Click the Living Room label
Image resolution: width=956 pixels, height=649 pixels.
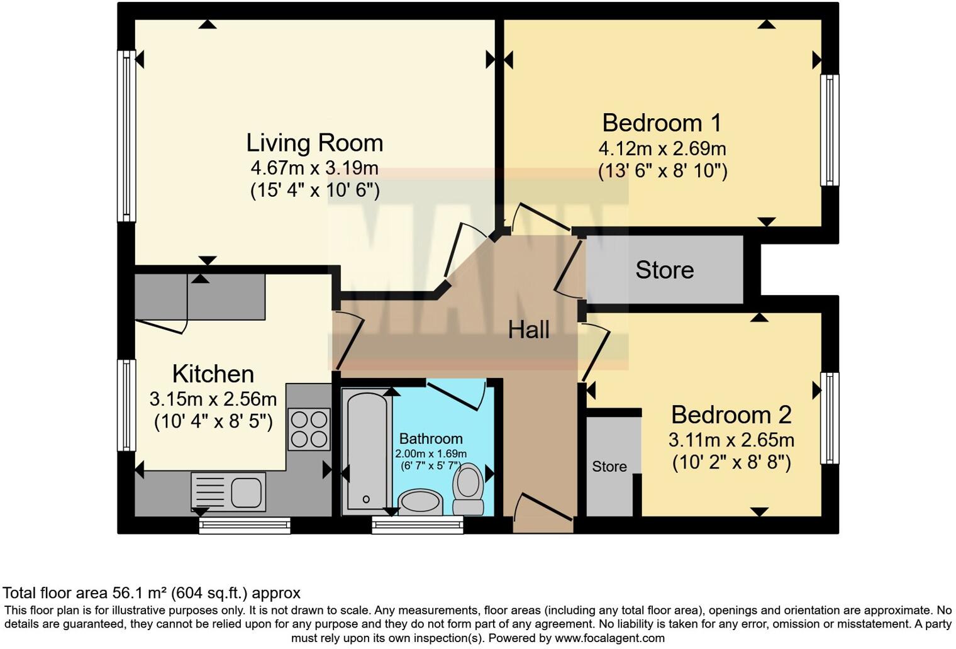(x=314, y=143)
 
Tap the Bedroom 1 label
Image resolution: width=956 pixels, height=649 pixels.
(x=662, y=123)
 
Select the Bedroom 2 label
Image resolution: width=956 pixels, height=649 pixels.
(x=731, y=415)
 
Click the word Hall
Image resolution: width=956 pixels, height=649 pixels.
(x=529, y=330)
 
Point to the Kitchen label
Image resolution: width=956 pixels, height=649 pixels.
(x=213, y=374)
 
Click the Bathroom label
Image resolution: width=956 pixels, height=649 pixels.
(x=431, y=438)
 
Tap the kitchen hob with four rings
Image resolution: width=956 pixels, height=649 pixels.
(x=309, y=430)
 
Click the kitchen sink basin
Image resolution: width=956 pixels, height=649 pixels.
(x=247, y=492)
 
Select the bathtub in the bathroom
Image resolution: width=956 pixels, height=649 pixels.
(x=367, y=453)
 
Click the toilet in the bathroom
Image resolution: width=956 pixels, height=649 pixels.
(x=468, y=489)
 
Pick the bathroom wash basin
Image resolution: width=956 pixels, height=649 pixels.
(x=421, y=502)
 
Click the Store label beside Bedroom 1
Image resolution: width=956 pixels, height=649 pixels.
(x=665, y=270)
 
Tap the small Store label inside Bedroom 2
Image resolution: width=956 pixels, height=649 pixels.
(x=609, y=467)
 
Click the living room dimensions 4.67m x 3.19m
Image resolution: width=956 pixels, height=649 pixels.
(x=314, y=168)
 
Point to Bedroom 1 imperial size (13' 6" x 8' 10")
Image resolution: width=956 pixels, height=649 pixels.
(x=662, y=171)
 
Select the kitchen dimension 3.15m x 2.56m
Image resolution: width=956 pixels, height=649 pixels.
(x=213, y=399)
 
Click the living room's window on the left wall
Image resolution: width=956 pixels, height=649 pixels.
(x=126, y=136)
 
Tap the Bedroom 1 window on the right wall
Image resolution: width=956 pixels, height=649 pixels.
(x=830, y=130)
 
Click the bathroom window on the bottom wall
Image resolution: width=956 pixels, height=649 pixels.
(x=418, y=525)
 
